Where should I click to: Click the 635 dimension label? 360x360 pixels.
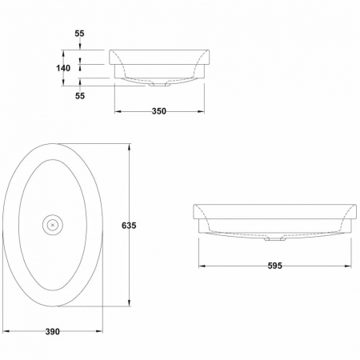129,226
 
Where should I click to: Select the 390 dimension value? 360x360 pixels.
53,332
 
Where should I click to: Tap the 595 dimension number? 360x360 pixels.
275,266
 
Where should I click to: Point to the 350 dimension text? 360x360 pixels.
159,111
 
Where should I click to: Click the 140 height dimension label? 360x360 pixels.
63,68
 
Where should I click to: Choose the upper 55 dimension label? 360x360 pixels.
79,34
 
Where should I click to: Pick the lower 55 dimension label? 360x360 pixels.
80,96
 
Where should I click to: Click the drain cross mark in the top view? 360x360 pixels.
53,225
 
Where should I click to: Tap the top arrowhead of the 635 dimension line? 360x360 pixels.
130,147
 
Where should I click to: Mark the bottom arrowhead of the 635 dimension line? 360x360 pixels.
130,303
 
